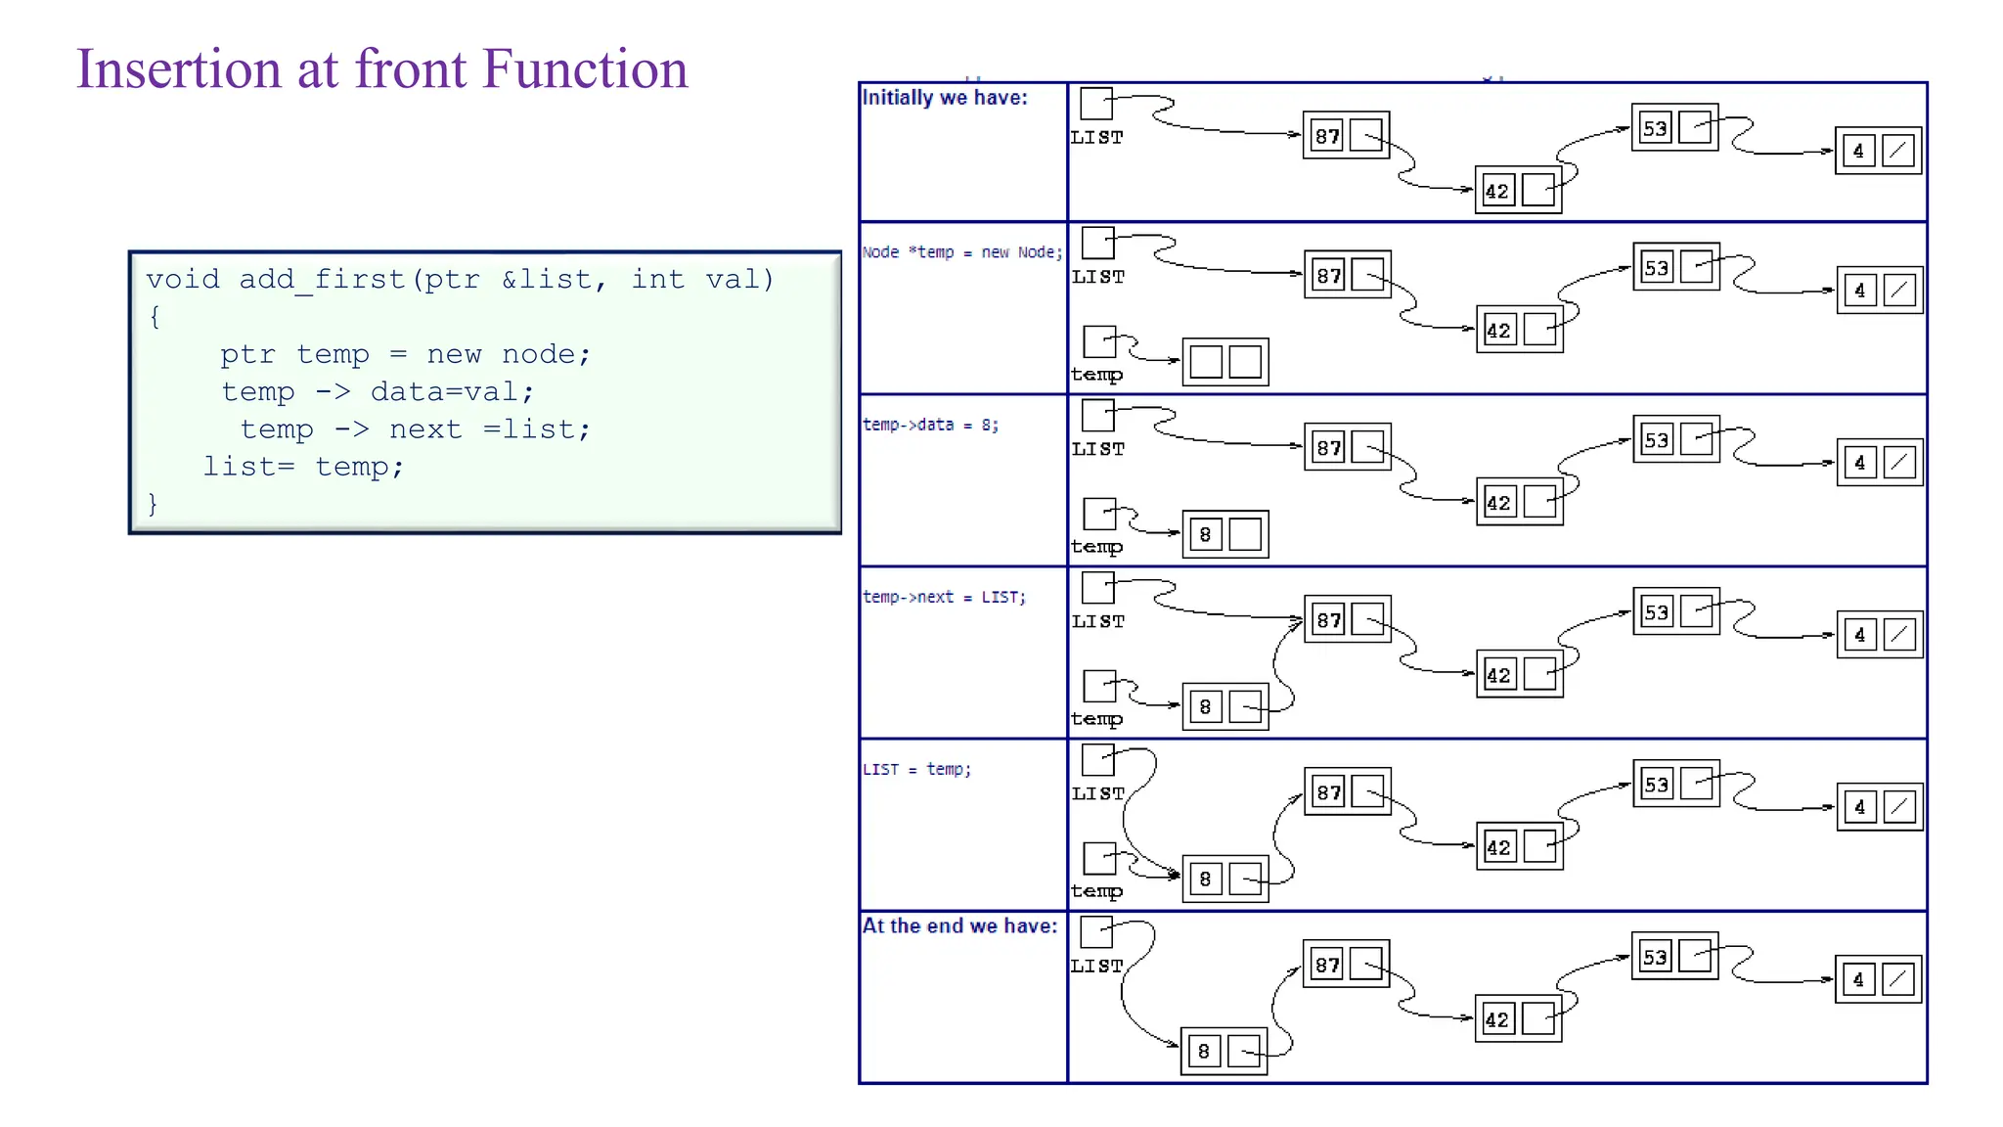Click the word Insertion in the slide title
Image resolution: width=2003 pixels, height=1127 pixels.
click(179, 69)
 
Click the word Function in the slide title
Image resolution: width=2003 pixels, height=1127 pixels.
click(585, 69)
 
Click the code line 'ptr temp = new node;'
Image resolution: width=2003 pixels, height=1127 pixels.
click(405, 354)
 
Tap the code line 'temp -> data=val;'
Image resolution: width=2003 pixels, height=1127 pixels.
click(378, 392)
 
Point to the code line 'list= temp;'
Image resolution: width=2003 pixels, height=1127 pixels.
click(303, 467)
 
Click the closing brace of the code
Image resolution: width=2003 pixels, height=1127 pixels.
click(153, 504)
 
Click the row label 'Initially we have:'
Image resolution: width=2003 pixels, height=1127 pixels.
click(944, 98)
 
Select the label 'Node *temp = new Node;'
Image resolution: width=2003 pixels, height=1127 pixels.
click(961, 252)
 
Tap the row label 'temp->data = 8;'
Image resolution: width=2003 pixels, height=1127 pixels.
click(930, 425)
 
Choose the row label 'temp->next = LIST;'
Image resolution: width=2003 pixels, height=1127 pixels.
click(944, 597)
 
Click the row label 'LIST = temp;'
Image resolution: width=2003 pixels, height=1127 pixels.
click(916, 769)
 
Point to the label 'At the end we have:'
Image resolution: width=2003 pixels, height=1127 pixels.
click(959, 925)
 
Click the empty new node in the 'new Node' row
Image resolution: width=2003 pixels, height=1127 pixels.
click(1224, 362)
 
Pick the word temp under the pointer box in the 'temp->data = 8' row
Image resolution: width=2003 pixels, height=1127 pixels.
click(1096, 547)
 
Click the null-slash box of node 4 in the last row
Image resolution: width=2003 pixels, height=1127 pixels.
click(1898, 979)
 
